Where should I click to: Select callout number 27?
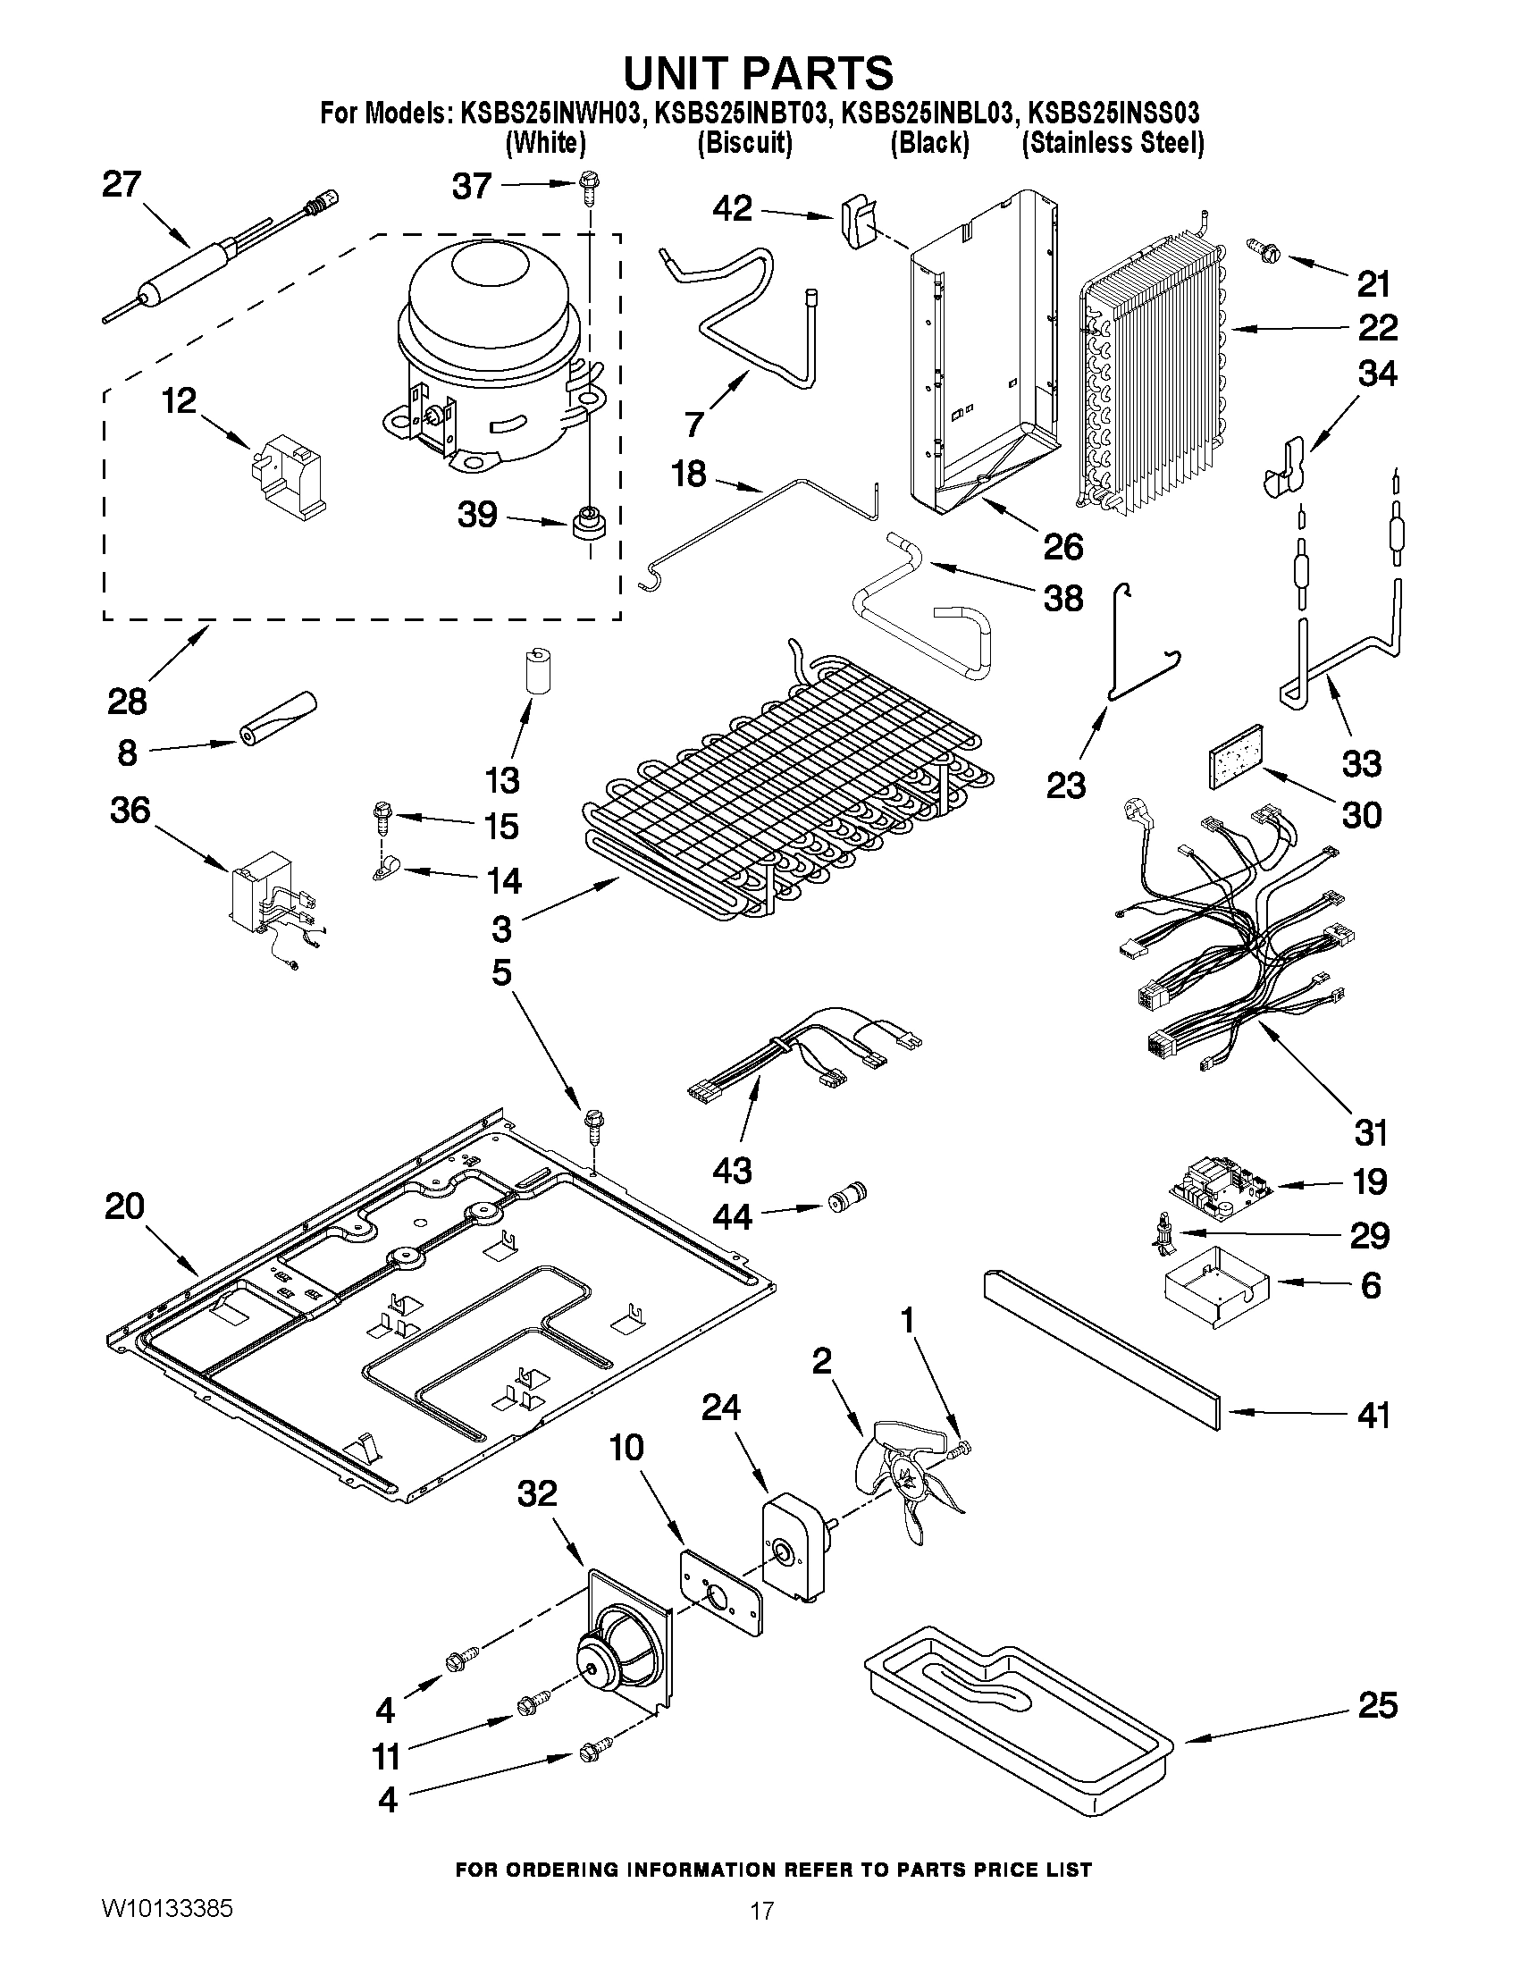122,186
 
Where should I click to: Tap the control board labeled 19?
1221,1189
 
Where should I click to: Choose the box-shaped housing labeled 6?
1213,1289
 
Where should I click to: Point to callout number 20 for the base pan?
123,1206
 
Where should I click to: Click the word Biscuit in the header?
744,144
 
